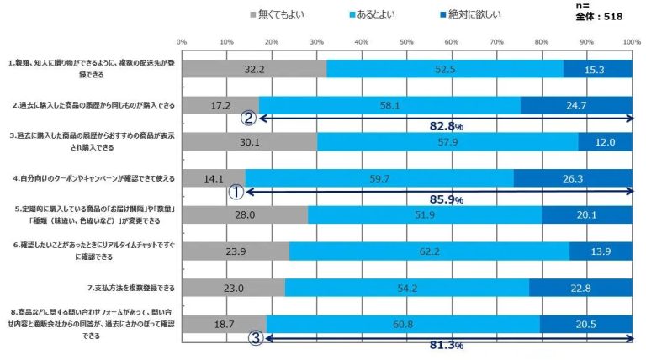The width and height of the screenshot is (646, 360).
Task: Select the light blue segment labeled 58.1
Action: [389, 105]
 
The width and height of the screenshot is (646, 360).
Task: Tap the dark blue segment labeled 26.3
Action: [573, 177]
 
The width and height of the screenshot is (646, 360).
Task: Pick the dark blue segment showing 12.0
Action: [606, 141]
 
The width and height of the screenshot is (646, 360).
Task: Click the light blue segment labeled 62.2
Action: [429, 251]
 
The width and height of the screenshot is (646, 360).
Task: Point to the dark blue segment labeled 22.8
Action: [580, 287]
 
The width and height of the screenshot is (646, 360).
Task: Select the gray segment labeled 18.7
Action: [224, 323]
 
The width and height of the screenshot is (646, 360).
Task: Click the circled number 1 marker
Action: [236, 192]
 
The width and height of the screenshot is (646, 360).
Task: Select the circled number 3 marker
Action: [258, 338]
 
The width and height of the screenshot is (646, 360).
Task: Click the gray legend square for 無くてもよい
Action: [254, 14]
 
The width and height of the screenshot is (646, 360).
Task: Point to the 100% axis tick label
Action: [632, 40]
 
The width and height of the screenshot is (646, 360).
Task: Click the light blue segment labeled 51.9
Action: [425, 214]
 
